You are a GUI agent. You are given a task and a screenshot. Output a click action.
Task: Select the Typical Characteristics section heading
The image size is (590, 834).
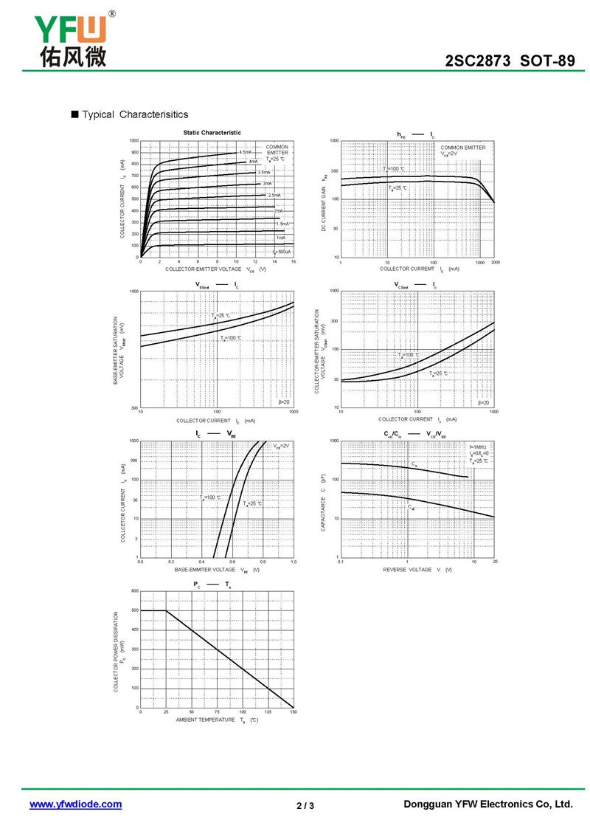(135, 114)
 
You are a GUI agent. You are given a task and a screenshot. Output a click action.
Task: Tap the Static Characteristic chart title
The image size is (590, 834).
(212, 133)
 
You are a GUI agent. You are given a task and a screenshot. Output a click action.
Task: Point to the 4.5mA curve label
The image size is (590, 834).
(245, 152)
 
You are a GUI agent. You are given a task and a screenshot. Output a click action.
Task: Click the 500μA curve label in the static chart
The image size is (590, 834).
(282, 252)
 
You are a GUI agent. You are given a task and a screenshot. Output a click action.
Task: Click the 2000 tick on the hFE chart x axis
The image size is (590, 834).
(494, 263)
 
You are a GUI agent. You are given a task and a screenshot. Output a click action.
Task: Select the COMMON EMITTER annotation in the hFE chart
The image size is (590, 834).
(463, 148)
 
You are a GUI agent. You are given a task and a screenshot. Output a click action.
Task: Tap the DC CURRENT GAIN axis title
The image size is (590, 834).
(324, 209)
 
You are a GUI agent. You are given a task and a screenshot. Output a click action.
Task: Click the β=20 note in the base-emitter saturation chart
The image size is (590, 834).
(284, 402)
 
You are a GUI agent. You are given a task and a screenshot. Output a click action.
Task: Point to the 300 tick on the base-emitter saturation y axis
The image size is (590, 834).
(134, 407)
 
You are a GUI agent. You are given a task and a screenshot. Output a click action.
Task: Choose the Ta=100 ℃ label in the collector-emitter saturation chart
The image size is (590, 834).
(409, 355)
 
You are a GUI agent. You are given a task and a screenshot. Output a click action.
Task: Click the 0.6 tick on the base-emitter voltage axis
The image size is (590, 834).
(232, 562)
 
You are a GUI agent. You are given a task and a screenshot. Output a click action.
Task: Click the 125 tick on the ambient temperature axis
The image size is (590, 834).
(268, 713)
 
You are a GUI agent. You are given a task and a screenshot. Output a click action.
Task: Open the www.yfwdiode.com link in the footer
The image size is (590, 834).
(75, 804)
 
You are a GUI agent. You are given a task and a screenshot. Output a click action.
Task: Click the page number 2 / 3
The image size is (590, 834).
(305, 805)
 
